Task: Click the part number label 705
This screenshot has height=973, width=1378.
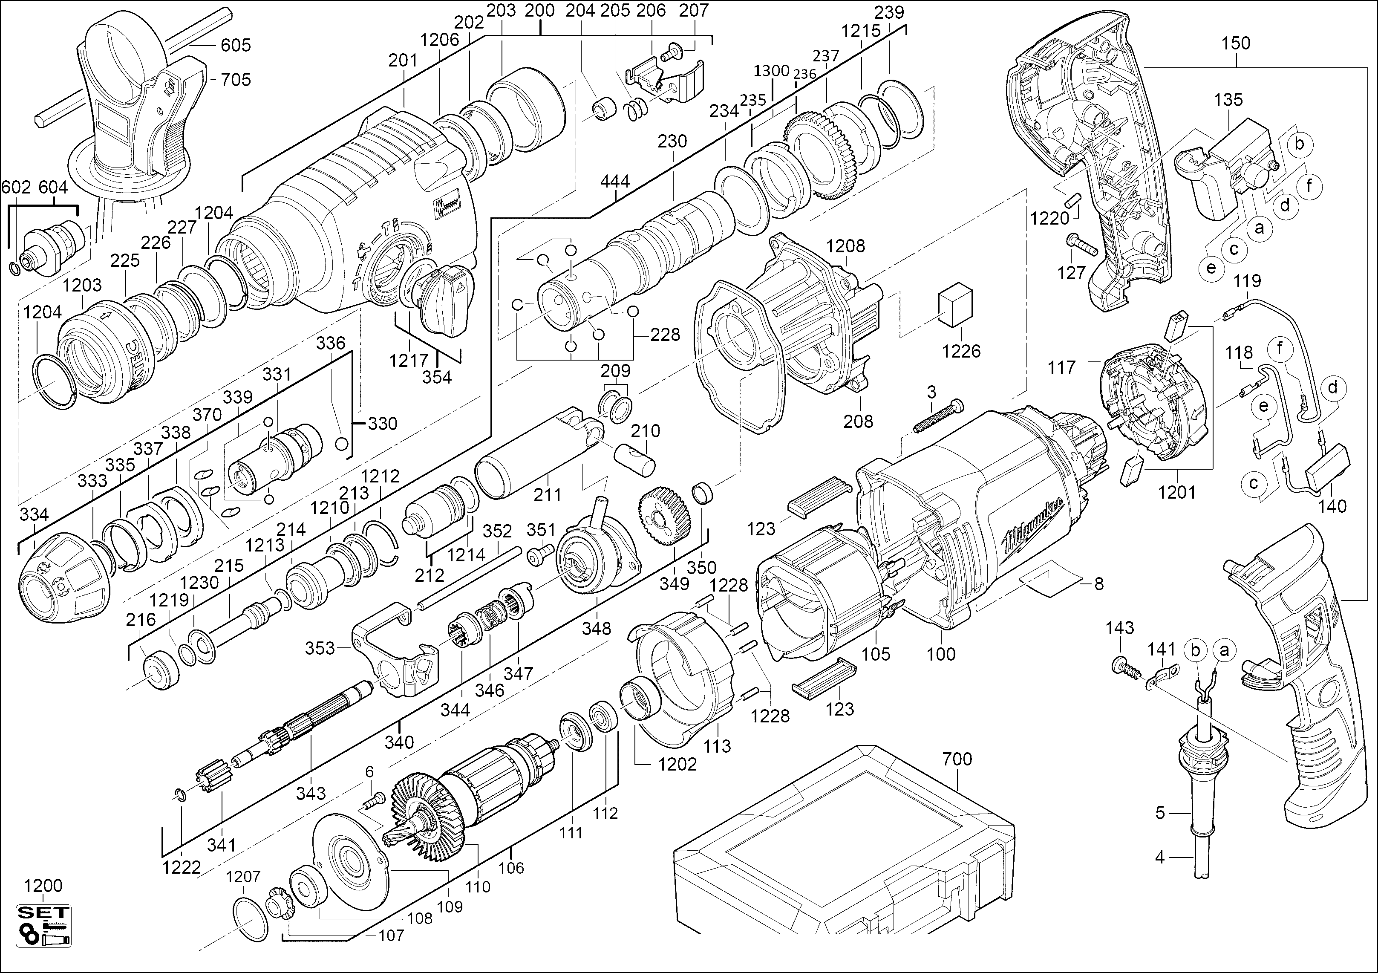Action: tap(235, 80)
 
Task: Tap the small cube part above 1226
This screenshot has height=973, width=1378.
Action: tap(955, 306)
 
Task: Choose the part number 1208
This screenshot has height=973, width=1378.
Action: tap(845, 245)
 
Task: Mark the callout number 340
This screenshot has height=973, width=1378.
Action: tap(399, 742)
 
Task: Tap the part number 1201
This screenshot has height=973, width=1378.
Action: tap(1176, 492)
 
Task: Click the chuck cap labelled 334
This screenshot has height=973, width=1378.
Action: tap(65, 579)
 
